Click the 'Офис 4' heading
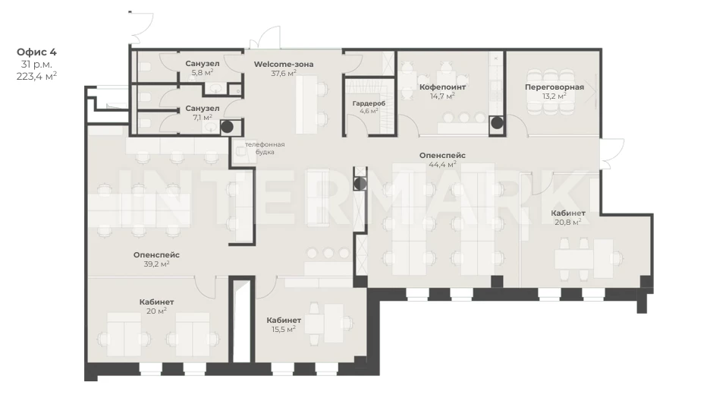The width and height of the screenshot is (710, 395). [x=36, y=52]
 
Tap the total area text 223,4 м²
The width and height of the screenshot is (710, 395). [x=36, y=76]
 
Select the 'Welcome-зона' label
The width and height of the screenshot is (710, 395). [x=284, y=64]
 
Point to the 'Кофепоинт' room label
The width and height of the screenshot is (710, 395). [x=442, y=87]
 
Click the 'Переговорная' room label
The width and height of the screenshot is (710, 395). [x=554, y=87]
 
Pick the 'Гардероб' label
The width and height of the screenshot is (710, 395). [x=369, y=103]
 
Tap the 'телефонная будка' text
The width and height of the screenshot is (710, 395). [x=265, y=148]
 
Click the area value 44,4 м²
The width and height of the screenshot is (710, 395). [x=442, y=164]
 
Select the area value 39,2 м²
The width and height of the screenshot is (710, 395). [x=157, y=264]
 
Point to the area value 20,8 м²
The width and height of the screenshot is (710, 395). [x=568, y=222]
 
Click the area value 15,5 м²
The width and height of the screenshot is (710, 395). [x=284, y=329]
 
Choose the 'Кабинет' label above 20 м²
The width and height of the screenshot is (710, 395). [x=157, y=302]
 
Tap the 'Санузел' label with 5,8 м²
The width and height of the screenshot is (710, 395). [x=203, y=64]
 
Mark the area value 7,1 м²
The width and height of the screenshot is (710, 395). [x=203, y=118]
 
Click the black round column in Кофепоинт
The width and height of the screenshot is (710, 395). [x=497, y=122]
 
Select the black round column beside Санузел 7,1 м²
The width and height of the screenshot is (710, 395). [x=227, y=127]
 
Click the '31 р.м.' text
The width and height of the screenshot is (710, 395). [x=36, y=65]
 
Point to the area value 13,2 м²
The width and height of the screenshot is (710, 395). [x=554, y=96]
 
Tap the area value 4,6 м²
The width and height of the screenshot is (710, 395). [x=369, y=111]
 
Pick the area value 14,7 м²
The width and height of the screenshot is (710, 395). [x=442, y=96]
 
